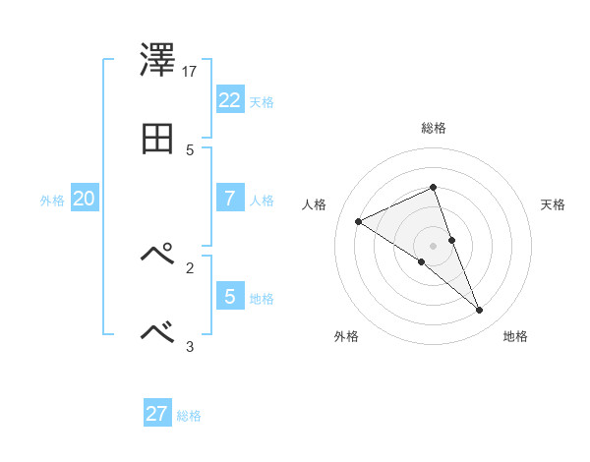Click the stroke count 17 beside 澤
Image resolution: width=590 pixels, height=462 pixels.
[x=190, y=72]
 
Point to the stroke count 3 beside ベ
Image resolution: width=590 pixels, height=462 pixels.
[x=190, y=346]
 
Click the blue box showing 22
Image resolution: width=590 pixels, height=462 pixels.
[x=229, y=100]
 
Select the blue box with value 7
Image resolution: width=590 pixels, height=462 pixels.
[x=229, y=198]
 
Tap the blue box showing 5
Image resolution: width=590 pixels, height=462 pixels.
[x=229, y=296]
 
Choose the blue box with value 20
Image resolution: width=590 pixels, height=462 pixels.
[x=84, y=199]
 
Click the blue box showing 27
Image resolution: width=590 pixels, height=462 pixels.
[x=156, y=414]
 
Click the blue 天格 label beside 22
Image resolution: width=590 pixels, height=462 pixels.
[x=262, y=102]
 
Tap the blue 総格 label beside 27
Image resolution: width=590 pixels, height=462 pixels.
[x=189, y=416]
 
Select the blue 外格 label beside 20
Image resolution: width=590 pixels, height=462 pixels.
[x=52, y=201]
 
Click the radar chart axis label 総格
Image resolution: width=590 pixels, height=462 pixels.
[x=434, y=128]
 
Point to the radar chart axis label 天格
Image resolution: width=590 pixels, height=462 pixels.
[x=554, y=204]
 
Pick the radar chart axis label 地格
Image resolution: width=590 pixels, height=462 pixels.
[x=515, y=336]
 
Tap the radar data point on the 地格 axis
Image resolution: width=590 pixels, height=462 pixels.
[x=480, y=311]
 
